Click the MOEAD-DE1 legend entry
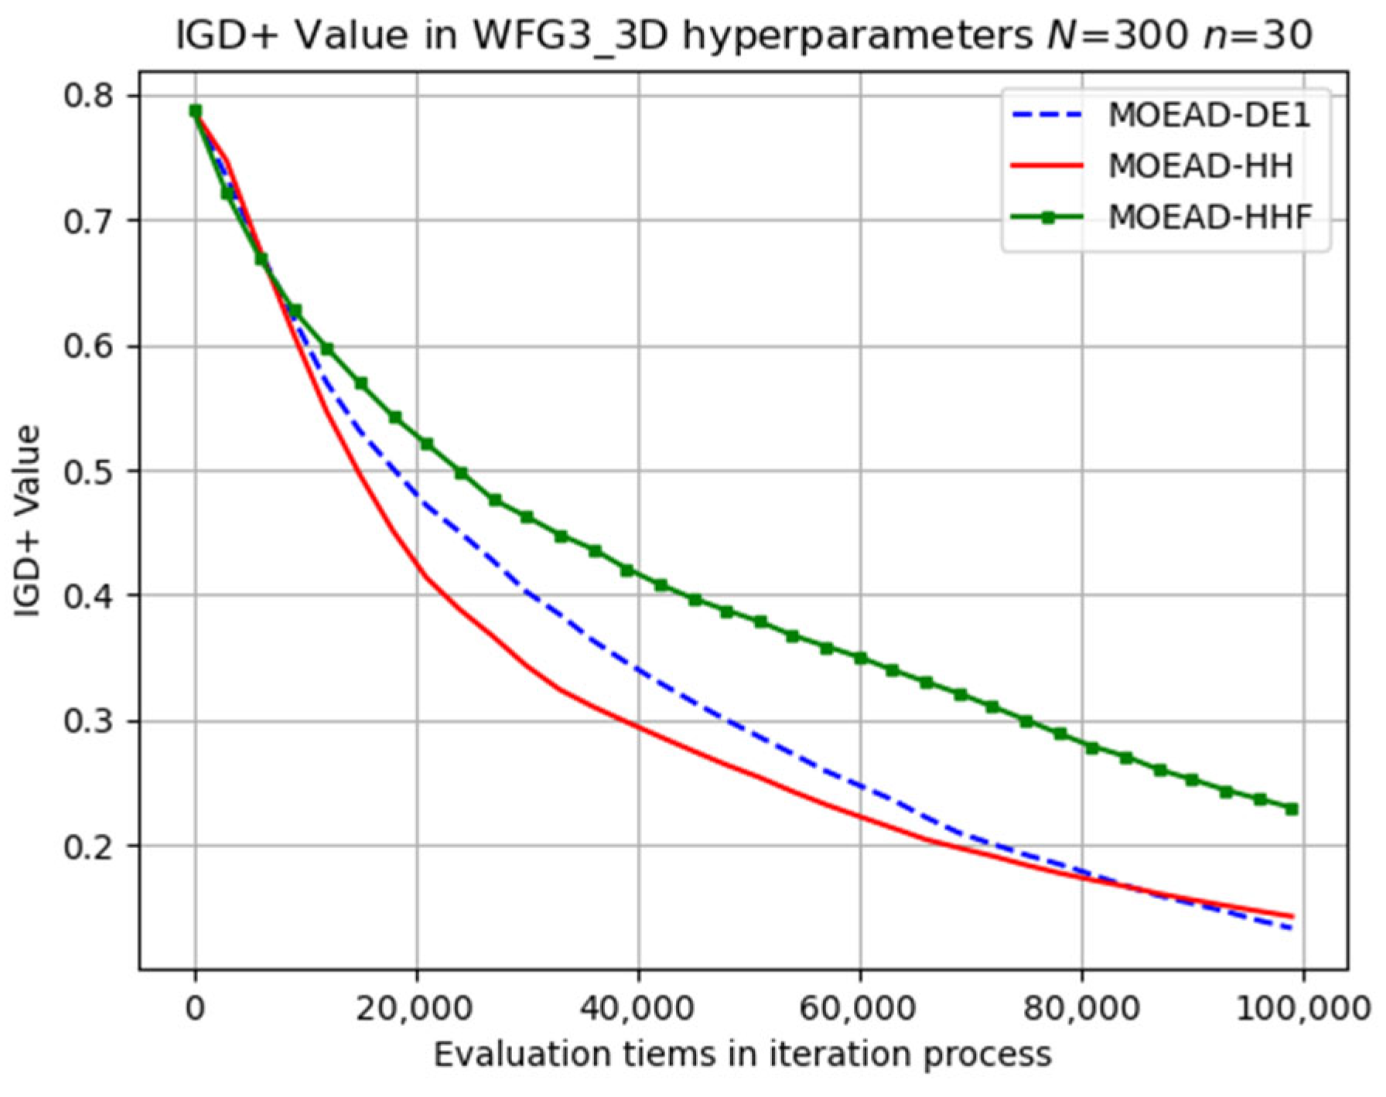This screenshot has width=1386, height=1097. [1210, 115]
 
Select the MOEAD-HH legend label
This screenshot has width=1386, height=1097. [1200, 166]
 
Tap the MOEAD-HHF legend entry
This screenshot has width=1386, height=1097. [1210, 217]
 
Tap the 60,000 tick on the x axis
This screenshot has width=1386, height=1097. [860, 1009]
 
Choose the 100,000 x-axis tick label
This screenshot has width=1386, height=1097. [1302, 1009]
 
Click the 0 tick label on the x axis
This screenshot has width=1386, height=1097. [196, 1009]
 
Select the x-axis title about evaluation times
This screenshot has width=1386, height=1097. [742, 1054]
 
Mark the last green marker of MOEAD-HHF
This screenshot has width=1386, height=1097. [1292, 809]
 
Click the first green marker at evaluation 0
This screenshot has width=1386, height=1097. [196, 111]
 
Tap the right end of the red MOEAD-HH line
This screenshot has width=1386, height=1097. [1292, 917]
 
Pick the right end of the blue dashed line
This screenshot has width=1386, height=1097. [1291, 928]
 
